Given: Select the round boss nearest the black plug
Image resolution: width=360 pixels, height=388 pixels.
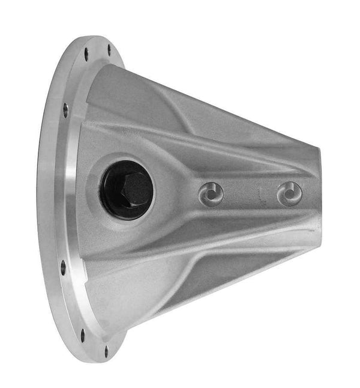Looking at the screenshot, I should coord(211,193).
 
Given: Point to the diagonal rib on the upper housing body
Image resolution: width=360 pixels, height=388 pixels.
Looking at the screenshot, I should coord(180,114).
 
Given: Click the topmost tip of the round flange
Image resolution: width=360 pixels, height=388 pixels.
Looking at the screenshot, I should coord(96,37).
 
